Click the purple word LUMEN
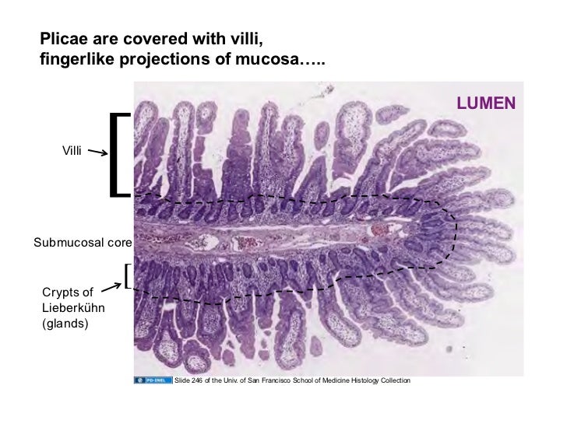[x=486, y=103]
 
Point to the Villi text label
[x=72, y=149]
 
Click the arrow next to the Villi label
[x=97, y=153]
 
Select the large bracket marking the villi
[x=118, y=154]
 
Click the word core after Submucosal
[x=118, y=243]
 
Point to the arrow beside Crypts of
[x=111, y=288]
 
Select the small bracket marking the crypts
[x=126, y=276]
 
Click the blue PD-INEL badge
[x=153, y=380]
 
